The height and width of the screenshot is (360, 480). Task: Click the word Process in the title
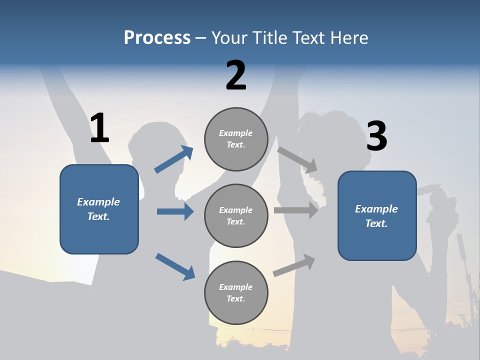coord(157,37)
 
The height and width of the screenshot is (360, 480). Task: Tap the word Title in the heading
coord(268,37)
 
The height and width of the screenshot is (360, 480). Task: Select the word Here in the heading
coord(349,37)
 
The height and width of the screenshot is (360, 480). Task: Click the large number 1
coord(99,128)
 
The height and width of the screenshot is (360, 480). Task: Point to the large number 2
coord(236,75)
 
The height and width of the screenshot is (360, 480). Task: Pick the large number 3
coord(376,136)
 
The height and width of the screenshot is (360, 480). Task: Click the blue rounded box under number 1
coord(99,209)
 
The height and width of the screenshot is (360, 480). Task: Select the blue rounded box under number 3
coord(377,216)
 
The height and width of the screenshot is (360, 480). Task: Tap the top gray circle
coord(236,139)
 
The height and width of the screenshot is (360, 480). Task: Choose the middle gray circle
coord(236,216)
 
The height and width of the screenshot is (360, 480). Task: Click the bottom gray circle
coord(236,293)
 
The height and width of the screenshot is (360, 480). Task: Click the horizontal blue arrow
coord(175,211)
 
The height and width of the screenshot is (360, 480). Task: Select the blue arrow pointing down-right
coord(175,266)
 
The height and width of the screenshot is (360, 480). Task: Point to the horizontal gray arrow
coord(296,210)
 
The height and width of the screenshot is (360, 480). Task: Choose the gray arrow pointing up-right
coord(294,265)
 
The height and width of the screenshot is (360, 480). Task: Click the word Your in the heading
coord(230,37)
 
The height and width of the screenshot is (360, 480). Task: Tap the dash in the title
coord(201,38)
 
